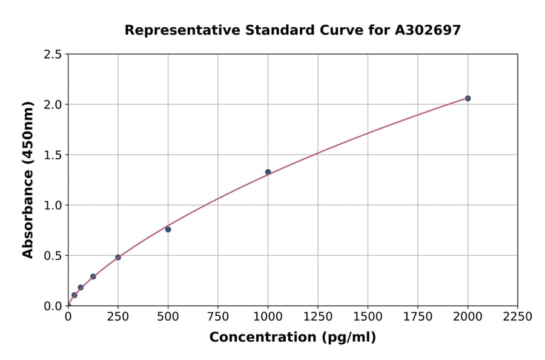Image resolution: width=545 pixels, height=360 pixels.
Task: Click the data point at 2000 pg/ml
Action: [x=467, y=98]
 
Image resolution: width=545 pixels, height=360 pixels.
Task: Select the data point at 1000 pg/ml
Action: [x=268, y=172]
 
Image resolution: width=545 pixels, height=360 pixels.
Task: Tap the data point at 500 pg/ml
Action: [x=168, y=229]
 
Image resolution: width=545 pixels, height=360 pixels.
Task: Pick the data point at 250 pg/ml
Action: [x=118, y=258]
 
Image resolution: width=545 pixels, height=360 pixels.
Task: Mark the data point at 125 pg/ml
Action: [x=93, y=276]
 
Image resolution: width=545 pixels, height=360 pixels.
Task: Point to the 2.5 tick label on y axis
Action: [x=52, y=55]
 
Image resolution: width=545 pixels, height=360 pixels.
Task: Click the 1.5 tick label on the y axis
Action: [x=52, y=155]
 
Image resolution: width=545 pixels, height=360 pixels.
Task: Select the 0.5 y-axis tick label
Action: [x=52, y=256]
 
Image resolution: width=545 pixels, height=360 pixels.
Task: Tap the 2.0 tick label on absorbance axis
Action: [x=52, y=105]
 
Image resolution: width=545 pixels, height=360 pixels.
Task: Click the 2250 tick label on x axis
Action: [x=517, y=317]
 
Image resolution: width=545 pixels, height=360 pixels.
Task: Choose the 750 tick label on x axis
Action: [x=218, y=317]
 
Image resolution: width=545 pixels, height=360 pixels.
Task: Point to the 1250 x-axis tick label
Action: [x=318, y=317]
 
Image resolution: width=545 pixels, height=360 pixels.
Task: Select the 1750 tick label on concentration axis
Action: [x=417, y=317]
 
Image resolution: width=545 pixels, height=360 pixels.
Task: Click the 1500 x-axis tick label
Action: [x=368, y=317]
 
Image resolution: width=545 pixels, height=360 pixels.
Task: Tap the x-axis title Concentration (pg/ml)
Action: [x=292, y=338]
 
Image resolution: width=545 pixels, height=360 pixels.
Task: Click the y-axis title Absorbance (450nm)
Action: [x=28, y=179]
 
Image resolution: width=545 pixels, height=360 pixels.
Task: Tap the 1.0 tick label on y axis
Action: [x=52, y=205]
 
